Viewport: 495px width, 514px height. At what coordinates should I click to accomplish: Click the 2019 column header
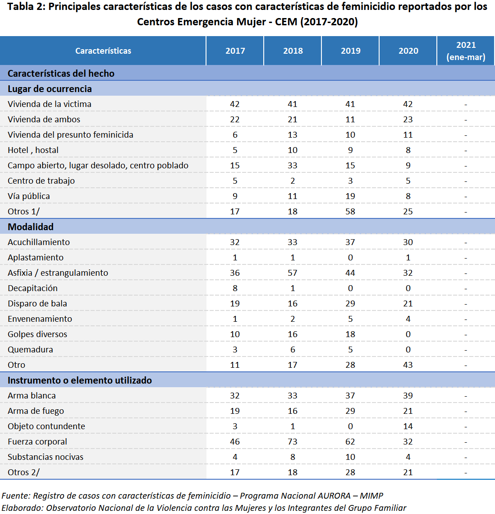[350, 51]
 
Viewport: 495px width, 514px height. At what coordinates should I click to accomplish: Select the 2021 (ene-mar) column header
[466, 51]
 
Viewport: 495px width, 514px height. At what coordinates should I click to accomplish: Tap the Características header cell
[103, 51]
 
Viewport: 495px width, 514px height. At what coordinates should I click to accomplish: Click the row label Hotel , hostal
[33, 150]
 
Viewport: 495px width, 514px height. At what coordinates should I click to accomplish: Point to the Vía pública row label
[29, 196]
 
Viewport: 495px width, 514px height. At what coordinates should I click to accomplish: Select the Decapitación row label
[32, 288]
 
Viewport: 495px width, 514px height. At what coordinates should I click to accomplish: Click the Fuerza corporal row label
[37, 442]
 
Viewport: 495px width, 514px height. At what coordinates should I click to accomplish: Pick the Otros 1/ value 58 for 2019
[350, 212]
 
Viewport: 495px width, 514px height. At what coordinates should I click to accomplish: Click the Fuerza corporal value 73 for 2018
[293, 442]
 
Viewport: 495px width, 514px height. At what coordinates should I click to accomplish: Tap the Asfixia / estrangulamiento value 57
[293, 273]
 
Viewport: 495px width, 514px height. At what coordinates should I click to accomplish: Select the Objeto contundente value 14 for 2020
[408, 426]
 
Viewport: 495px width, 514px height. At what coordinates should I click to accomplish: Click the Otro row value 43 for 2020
[408, 365]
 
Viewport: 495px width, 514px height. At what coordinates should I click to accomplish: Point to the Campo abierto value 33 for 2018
[293, 166]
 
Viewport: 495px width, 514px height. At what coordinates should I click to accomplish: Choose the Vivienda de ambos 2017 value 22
[235, 120]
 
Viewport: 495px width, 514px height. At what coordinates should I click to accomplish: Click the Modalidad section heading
[31, 227]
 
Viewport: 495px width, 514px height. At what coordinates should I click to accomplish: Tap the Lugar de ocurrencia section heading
[50, 89]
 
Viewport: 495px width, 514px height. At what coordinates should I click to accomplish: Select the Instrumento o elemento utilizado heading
[80, 380]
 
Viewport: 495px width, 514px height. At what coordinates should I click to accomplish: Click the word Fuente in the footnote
[16, 496]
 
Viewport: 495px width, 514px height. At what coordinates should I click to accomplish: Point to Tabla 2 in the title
[25, 7]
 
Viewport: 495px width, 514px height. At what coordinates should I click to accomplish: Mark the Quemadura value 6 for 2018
[293, 350]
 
